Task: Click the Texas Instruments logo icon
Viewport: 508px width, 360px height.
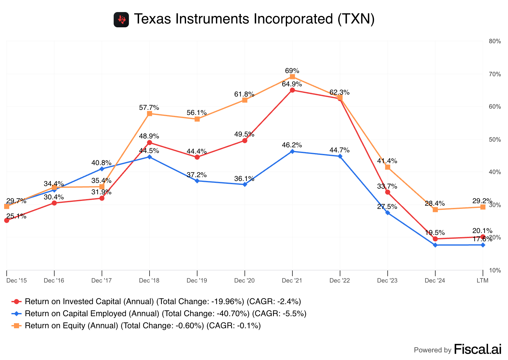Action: [121, 20]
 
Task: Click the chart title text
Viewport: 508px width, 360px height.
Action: [254, 19]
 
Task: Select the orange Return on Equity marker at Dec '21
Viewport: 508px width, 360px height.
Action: [292, 77]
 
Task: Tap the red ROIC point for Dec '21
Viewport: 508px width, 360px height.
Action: [292, 90]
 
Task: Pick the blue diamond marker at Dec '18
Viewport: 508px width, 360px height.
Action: [150, 157]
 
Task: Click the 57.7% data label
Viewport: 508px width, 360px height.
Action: [149, 108]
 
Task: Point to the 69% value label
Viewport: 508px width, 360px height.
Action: [292, 70]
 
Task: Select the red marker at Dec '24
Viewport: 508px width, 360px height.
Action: [435, 239]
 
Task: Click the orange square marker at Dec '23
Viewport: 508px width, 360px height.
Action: [388, 167]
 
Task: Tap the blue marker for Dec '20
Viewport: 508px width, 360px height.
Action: [245, 184]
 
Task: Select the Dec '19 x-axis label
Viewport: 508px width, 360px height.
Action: [197, 281]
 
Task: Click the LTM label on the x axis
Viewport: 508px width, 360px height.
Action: [483, 281]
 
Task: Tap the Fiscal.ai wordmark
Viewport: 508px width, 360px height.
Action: [478, 349]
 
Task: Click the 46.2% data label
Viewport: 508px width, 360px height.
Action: [292, 145]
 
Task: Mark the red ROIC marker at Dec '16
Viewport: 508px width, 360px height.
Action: [54, 203]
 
